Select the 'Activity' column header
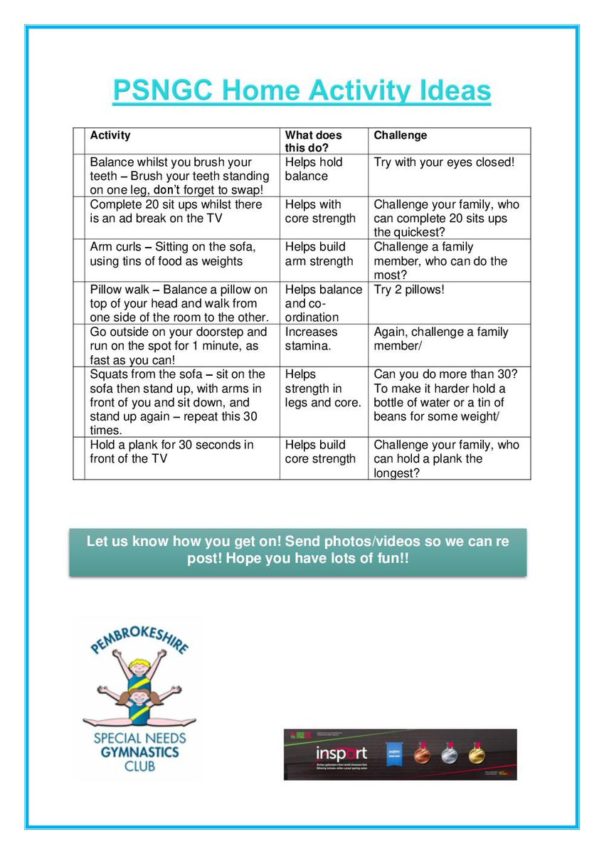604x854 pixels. [110, 135]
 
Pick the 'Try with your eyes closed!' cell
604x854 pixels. [443, 162]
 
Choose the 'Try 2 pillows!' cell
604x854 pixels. [408, 290]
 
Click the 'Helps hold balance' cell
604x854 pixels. [314, 169]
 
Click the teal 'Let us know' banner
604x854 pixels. [297, 551]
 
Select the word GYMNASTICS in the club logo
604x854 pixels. [139, 752]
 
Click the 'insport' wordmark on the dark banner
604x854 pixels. [342, 753]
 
